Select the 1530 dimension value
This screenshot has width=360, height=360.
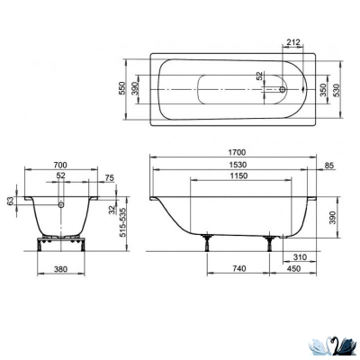(x=237, y=166)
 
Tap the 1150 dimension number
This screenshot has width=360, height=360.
(x=237, y=177)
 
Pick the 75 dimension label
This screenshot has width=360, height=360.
(x=109, y=178)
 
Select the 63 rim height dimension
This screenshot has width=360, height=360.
(x=11, y=203)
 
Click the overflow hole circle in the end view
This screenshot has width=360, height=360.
(x=62, y=204)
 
